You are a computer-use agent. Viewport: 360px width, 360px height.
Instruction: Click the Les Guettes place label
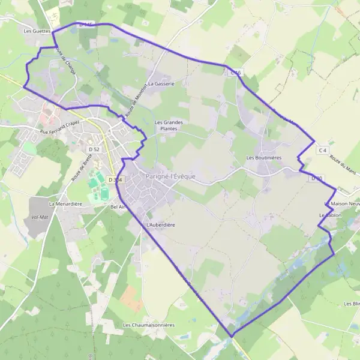(37, 30)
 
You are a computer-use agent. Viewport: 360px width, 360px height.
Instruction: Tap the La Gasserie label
(160, 84)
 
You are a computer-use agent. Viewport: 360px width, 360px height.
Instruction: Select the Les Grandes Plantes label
(169, 125)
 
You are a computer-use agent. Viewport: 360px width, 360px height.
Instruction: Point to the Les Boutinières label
(263, 158)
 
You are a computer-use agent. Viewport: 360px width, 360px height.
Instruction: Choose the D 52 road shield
(94, 149)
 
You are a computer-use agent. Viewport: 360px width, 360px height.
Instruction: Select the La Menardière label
(65, 203)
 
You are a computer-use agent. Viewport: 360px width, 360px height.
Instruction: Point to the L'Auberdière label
(160, 224)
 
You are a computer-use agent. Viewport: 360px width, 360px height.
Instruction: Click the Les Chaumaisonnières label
(148, 325)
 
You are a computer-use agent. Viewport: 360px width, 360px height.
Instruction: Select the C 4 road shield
(323, 149)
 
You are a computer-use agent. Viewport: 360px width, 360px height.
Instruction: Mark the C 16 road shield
(235, 73)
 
